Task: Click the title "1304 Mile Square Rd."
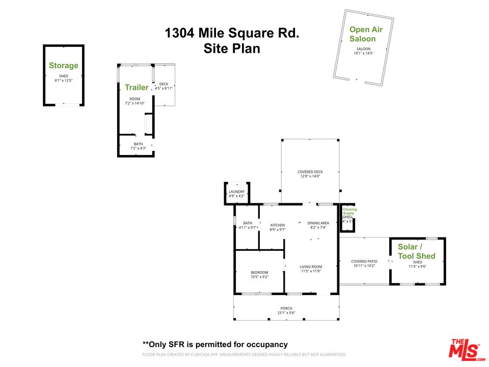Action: click(x=232, y=34)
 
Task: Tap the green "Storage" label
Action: click(x=64, y=65)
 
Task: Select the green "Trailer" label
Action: click(x=137, y=87)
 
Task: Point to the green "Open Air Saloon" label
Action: click(x=366, y=34)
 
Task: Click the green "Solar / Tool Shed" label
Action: click(x=417, y=251)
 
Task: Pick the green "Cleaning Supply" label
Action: click(x=349, y=211)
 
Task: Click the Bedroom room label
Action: click(x=259, y=273)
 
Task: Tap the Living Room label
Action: click(x=311, y=267)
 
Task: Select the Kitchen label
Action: click(x=277, y=225)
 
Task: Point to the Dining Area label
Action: click(x=318, y=223)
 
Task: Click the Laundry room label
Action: click(x=236, y=192)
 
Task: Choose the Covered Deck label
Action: click(x=310, y=172)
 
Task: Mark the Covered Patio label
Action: click(x=364, y=261)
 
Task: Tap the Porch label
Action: click(x=286, y=308)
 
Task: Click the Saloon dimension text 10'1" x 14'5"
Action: click(x=364, y=53)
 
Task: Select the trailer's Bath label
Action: click(x=138, y=144)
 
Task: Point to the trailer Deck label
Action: click(x=164, y=84)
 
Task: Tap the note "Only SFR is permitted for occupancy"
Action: click(x=214, y=344)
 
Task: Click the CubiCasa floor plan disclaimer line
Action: click(x=244, y=354)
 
